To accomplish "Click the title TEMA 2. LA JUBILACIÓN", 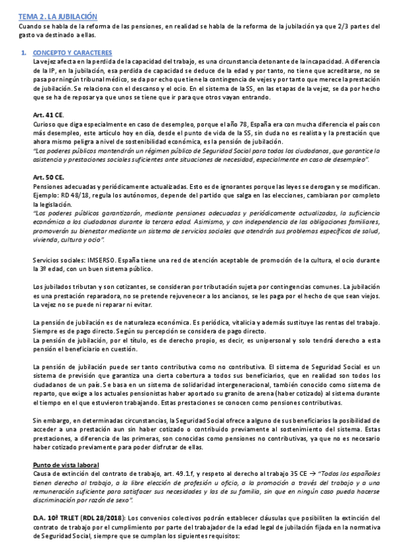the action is [57, 15].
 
